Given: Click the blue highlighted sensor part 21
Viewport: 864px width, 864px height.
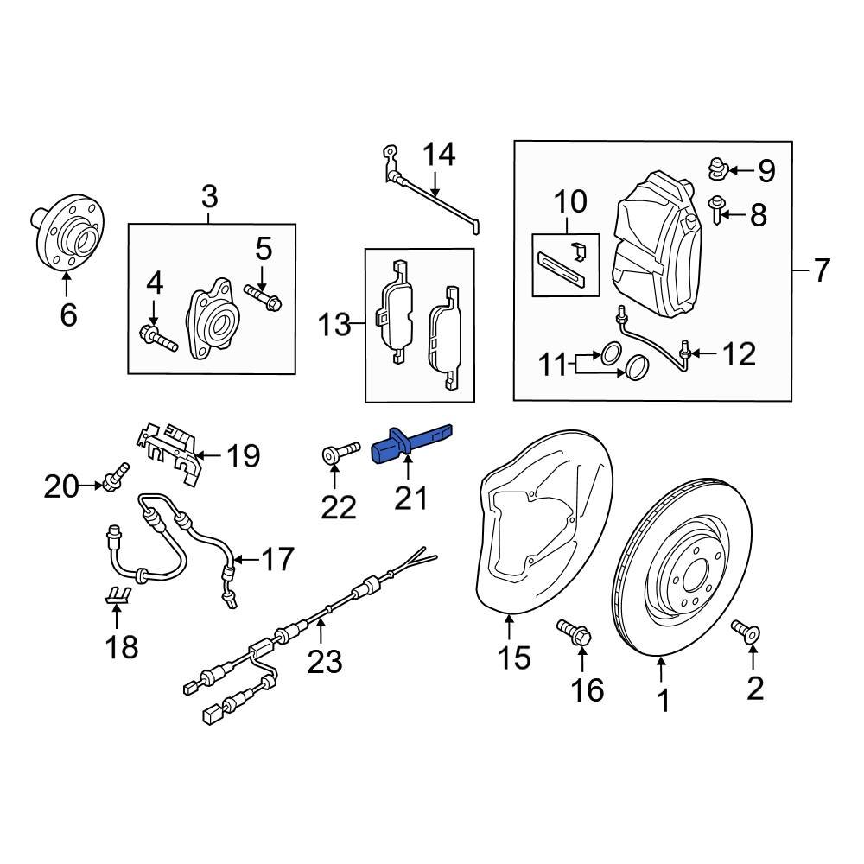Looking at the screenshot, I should point(406,444).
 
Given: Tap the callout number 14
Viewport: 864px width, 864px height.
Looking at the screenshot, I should point(438,156).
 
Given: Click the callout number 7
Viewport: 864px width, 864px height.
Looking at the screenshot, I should point(821,271).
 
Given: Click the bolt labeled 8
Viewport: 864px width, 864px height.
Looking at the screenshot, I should point(717,208).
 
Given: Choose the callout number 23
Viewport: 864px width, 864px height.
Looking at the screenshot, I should point(326,662).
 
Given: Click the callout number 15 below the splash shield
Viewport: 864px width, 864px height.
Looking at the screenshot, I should point(514,658).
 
